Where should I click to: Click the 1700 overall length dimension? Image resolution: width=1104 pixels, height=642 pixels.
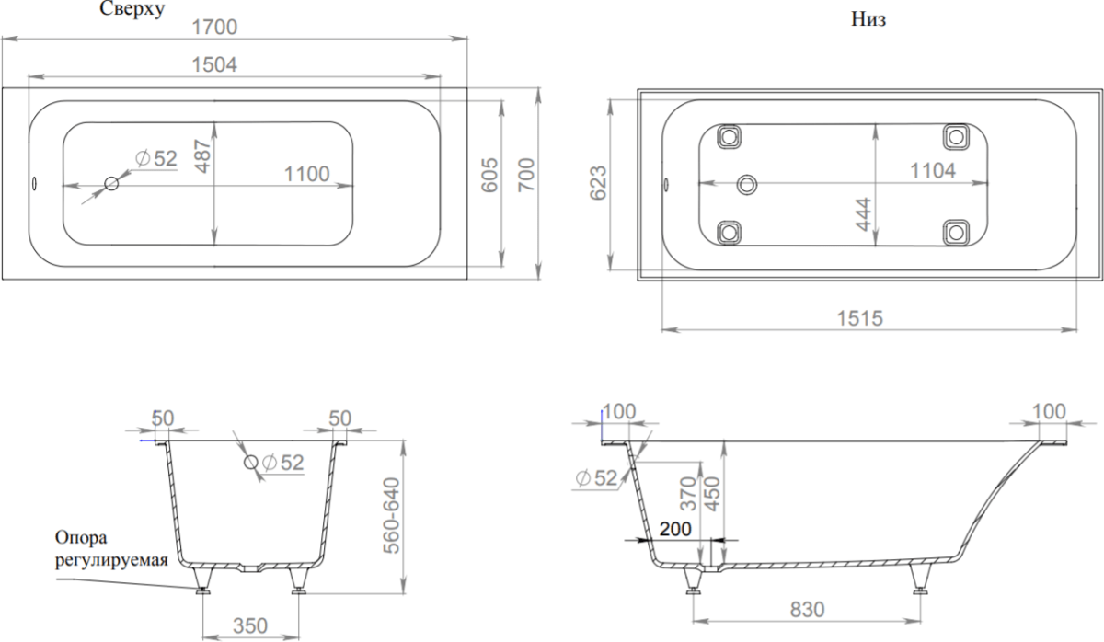click(x=214, y=27)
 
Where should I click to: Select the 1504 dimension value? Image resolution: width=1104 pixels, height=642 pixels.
click(x=214, y=64)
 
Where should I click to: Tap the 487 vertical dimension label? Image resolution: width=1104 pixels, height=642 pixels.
click(x=203, y=155)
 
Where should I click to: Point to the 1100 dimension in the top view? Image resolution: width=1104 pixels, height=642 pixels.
click(x=306, y=174)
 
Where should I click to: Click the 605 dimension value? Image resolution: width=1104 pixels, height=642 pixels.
click(x=489, y=176)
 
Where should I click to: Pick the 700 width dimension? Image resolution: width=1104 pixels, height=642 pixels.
click(x=526, y=176)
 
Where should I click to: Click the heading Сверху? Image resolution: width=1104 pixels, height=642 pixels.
click(x=132, y=9)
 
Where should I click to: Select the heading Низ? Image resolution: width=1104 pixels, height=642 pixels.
click(x=868, y=19)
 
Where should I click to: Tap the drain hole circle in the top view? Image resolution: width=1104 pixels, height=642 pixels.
click(x=111, y=184)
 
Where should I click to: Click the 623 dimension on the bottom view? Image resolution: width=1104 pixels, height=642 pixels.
click(x=598, y=183)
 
